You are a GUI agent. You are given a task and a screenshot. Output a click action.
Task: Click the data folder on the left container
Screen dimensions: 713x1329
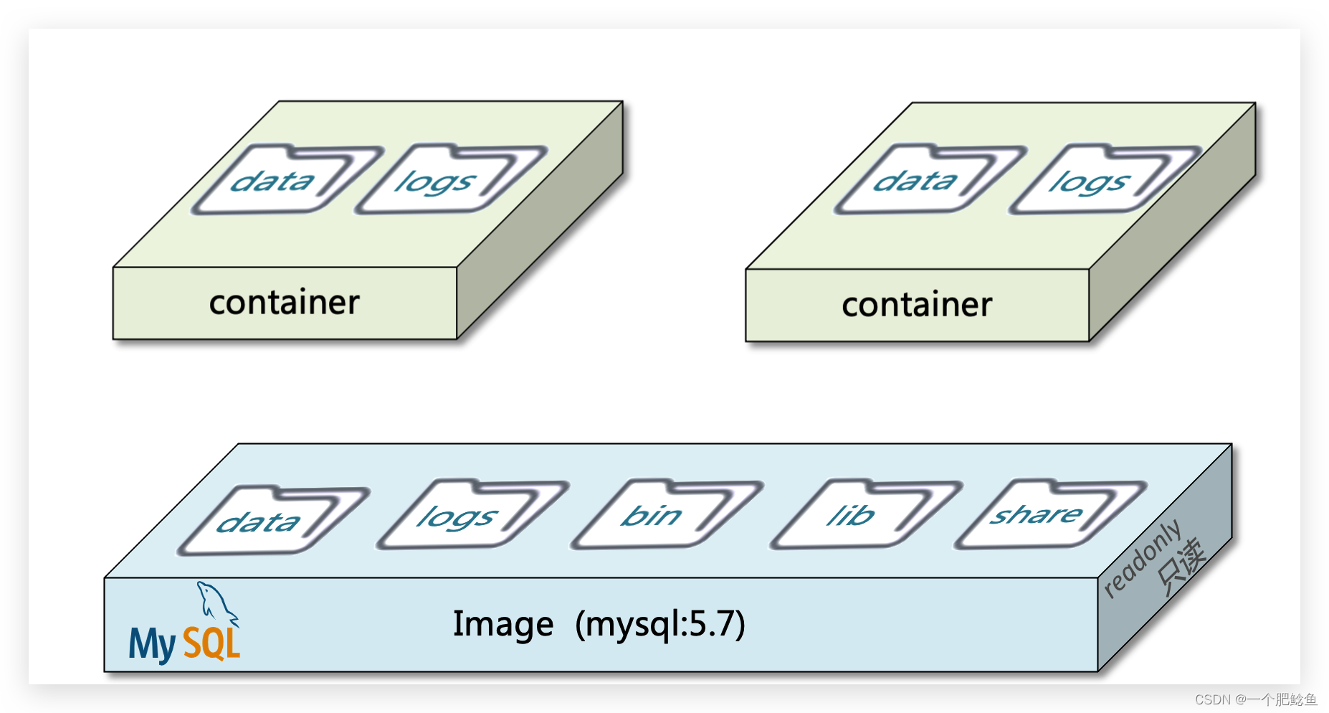pyautogui.click(x=283, y=181)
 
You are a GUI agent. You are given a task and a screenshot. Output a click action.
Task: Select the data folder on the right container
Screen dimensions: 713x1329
pyautogui.click(x=925, y=181)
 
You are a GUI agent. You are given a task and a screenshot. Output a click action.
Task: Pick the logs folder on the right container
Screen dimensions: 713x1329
pyautogui.click(x=1100, y=181)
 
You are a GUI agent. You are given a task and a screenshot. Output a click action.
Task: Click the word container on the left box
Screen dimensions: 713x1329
pyautogui.click(x=284, y=303)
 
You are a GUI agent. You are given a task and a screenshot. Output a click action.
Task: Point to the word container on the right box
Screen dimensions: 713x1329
pyautogui.click(x=917, y=305)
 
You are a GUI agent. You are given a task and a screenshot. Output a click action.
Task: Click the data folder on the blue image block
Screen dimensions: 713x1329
pyautogui.click(x=269, y=521)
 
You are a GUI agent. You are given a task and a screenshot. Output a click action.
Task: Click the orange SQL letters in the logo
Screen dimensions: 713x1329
pyautogui.click(x=211, y=643)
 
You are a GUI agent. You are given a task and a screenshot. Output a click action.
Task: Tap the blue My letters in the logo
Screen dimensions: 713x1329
pyautogui.click(x=151, y=643)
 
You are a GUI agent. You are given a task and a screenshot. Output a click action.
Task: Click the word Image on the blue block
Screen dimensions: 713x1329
pyautogui.click(x=503, y=624)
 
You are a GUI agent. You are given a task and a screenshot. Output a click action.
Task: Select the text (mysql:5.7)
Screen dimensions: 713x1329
pyautogui.click(x=660, y=624)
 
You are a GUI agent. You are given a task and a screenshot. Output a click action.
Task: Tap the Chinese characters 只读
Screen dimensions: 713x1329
pyautogui.click(x=1181, y=567)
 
